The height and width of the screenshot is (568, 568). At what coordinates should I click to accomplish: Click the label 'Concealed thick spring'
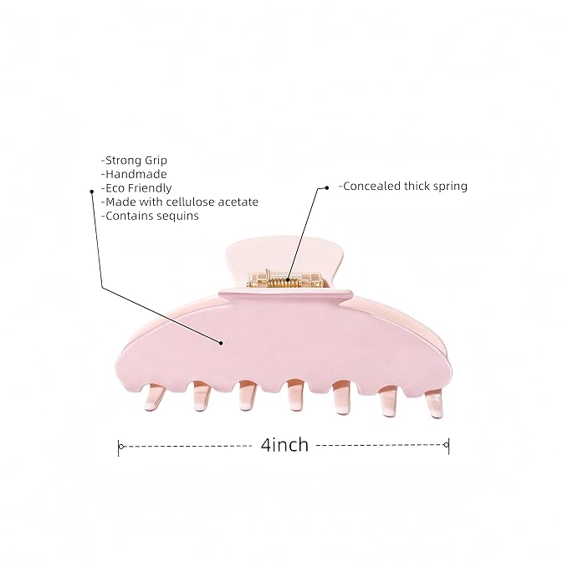click(x=403, y=187)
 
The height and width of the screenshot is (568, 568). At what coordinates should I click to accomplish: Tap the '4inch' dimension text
click(x=284, y=444)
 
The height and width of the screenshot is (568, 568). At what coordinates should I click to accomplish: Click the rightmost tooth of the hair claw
click(x=433, y=403)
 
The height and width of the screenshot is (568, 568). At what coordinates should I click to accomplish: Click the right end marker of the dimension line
click(x=447, y=444)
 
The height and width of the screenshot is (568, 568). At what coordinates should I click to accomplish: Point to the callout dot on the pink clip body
click(x=221, y=343)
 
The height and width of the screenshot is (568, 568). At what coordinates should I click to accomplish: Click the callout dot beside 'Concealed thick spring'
click(x=327, y=187)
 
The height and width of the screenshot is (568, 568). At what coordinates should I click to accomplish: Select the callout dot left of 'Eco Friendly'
click(x=92, y=192)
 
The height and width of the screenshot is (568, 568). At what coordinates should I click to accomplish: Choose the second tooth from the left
click(x=202, y=397)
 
